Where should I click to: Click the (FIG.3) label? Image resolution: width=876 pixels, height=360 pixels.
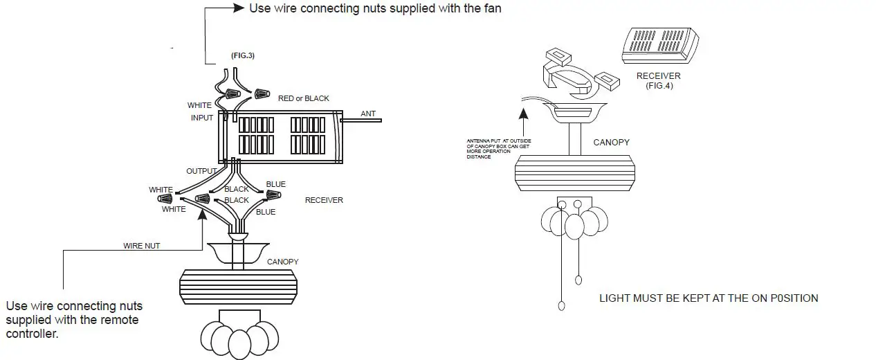(242, 55)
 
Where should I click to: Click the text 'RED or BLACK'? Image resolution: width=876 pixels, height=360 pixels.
(303, 98)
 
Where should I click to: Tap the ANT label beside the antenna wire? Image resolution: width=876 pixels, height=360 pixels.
(369, 113)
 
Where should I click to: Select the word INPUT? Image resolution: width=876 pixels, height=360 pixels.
(202, 118)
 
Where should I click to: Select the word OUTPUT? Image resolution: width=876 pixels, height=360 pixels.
(201, 170)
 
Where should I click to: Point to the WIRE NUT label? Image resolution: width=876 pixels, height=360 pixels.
(142, 246)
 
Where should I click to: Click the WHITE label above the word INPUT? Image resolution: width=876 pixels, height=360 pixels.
(199, 105)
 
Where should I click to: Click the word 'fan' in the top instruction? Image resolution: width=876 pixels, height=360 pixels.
(491, 8)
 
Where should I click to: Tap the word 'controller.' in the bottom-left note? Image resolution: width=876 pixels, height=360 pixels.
(32, 334)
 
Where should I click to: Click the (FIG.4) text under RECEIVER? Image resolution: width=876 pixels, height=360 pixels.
(658, 86)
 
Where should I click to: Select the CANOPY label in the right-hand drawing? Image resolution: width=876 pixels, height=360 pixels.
(611, 142)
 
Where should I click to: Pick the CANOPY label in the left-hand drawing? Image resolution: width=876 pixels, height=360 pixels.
(282, 262)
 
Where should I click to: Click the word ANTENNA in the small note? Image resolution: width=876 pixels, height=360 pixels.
(480, 141)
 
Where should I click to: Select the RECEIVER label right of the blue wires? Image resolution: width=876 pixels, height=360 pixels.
(324, 200)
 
